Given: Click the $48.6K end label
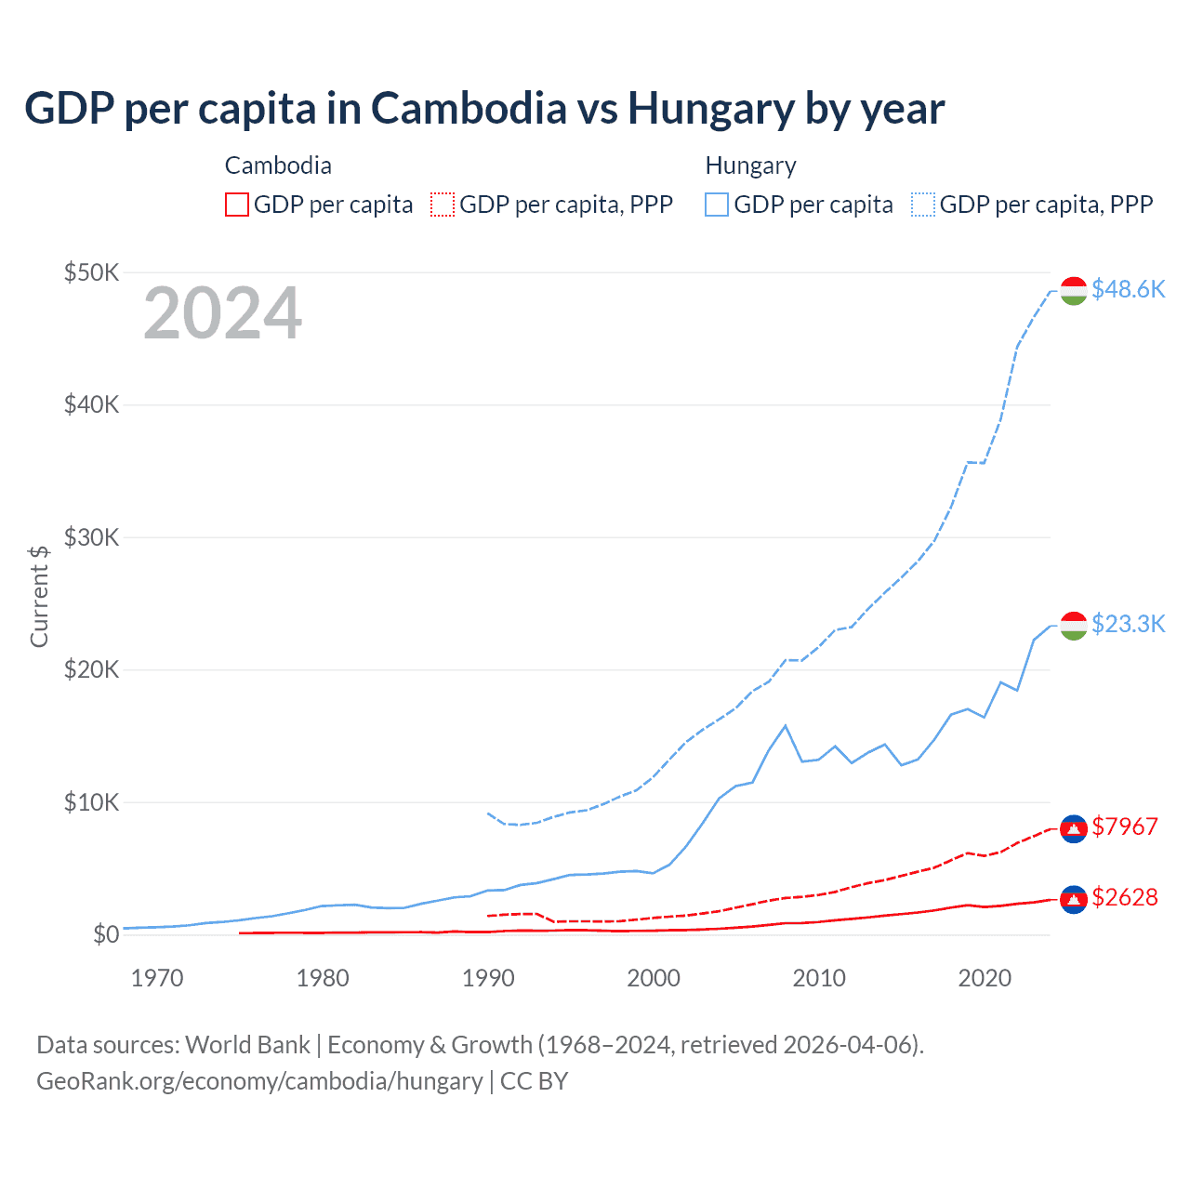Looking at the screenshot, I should pos(1128,289).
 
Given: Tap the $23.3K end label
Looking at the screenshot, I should pos(1128,624).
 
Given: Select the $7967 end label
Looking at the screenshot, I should pos(1124,826).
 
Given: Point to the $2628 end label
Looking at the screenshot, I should pos(1124,897).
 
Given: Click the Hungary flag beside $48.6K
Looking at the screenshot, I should pos(1074,290).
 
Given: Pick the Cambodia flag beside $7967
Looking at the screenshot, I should pos(1074,828).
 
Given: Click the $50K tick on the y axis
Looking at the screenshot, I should pos(91,272).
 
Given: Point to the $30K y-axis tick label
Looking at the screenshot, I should pos(91,537).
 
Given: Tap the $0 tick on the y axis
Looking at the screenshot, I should pos(105,934).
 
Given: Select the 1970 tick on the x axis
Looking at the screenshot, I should pos(157,978).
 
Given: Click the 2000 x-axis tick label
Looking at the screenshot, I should pos(654,978).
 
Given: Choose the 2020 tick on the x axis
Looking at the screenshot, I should pos(985,978).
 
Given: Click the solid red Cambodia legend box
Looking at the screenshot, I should pos(236,205).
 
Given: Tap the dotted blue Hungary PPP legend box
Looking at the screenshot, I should pos(923,205).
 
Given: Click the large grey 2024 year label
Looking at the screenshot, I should pos(222,313).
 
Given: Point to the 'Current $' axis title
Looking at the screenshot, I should pos(39,596).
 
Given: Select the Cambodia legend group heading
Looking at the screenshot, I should pos(278,165).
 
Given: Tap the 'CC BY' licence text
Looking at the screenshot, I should pos(534,1081).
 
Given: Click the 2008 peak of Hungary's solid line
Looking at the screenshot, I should pos(786,725).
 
